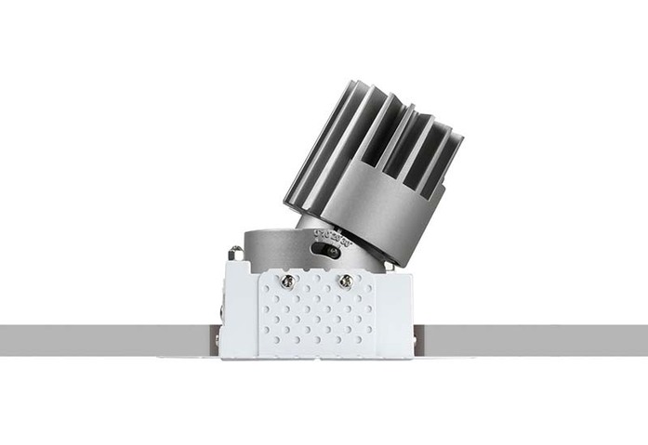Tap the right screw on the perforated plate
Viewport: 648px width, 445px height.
click(x=345, y=280)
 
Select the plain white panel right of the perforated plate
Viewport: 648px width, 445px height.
click(x=394, y=307)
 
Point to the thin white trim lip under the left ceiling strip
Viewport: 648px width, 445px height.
click(x=186, y=357)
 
